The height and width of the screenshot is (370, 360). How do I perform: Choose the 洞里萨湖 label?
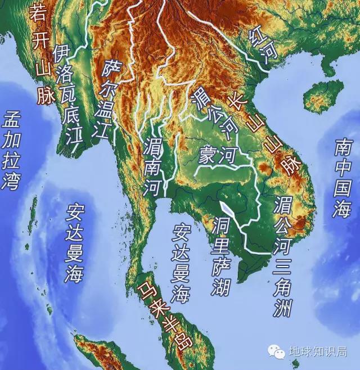222,256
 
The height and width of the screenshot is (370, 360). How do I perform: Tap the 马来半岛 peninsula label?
164,315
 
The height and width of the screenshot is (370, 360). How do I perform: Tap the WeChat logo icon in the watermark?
276,351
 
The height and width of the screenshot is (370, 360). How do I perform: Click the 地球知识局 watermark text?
318,352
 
